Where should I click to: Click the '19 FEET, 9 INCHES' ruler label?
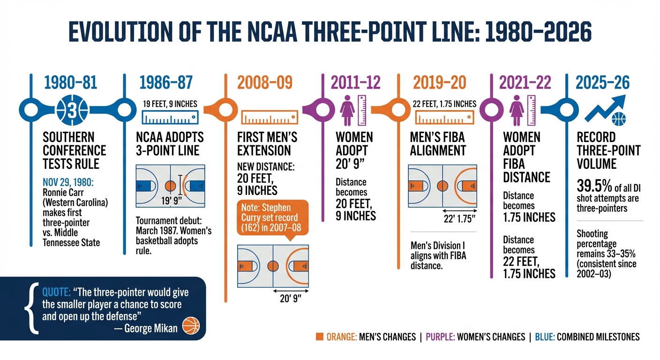170,104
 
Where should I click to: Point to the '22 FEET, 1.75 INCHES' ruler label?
445,104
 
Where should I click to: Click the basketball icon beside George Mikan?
191,325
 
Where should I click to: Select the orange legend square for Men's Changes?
320,337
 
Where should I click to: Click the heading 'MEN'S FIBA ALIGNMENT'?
438,144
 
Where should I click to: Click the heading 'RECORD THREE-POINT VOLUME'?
608,150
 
